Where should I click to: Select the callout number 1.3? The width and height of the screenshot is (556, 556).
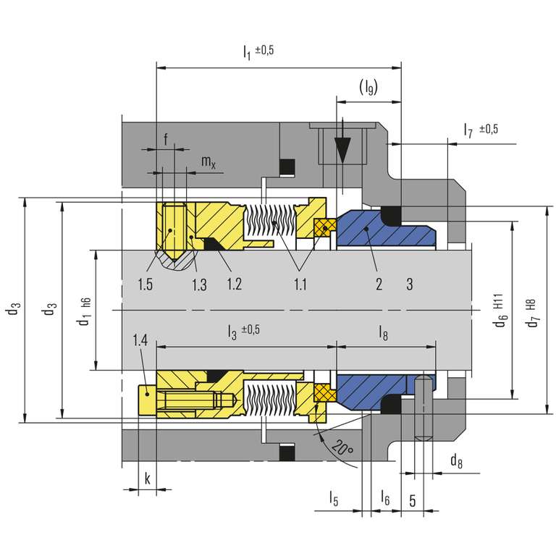point(199,284)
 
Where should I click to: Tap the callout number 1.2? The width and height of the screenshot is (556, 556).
point(233,284)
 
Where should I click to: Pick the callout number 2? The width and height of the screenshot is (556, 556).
point(379,284)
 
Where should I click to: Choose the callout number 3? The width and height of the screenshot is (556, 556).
point(410,284)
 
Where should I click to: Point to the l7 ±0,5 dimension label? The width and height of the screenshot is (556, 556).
point(480,130)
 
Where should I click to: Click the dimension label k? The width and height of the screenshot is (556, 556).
point(147,479)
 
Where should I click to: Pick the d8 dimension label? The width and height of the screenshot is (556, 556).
point(455,460)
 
